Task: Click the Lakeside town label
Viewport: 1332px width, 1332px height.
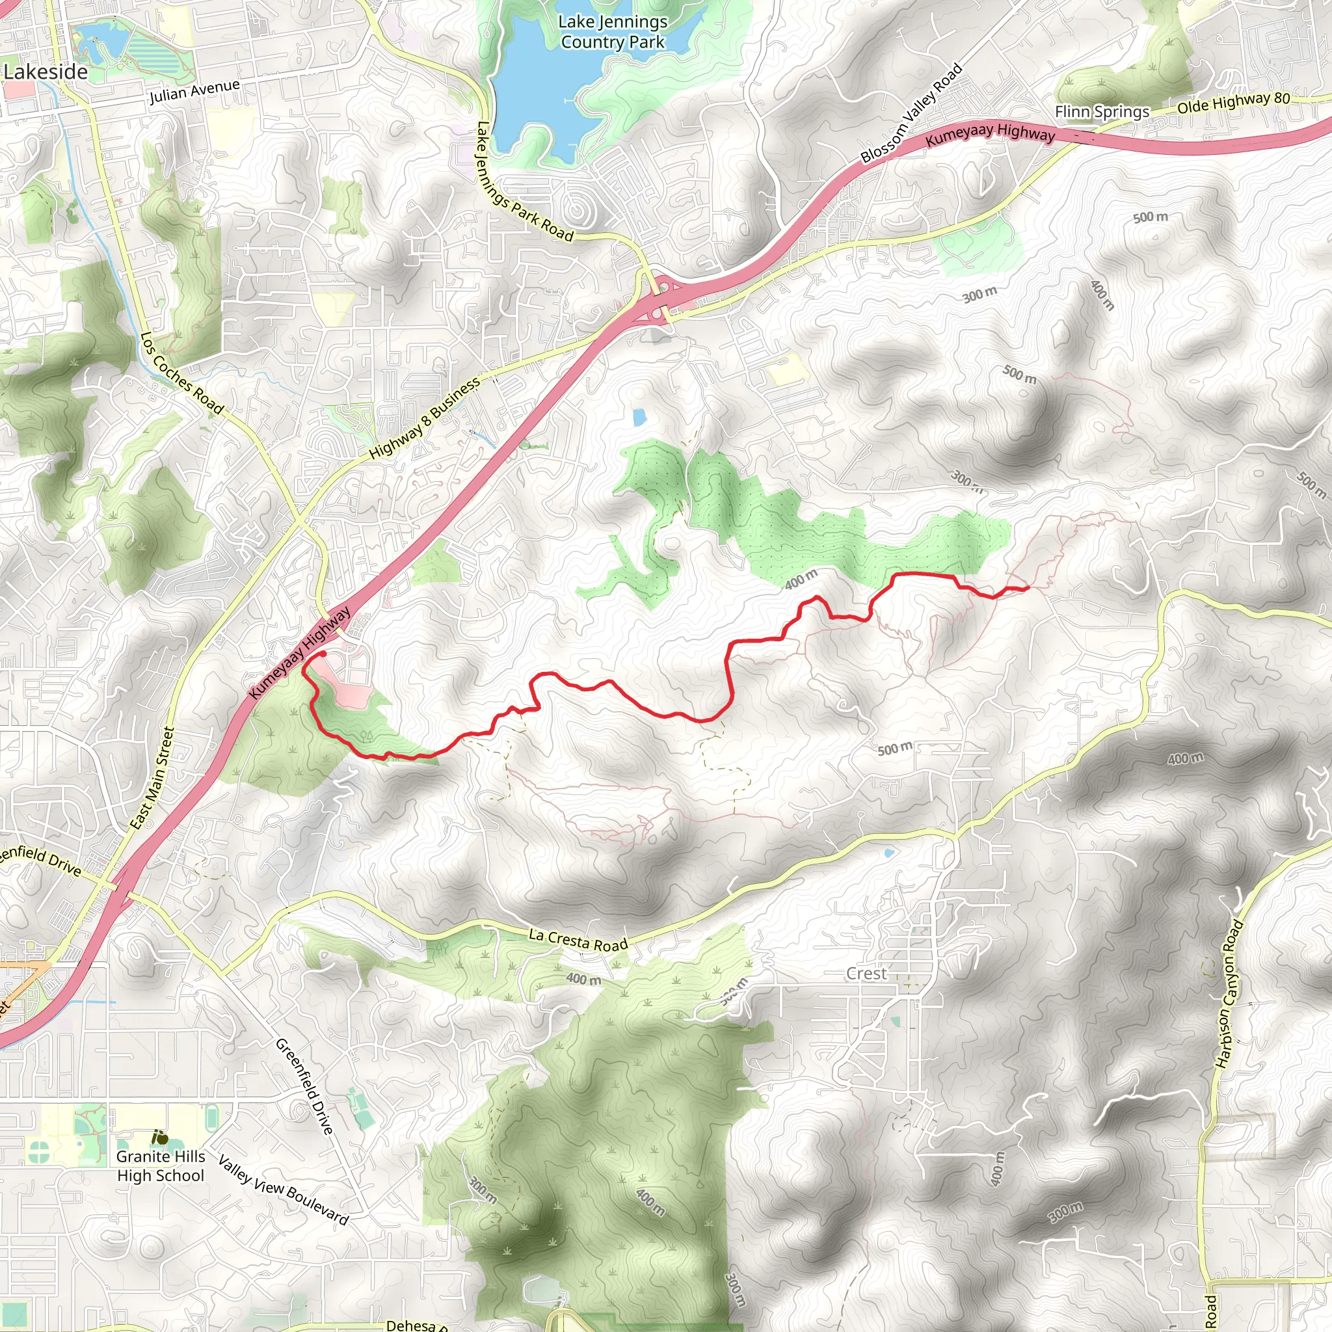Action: (46, 72)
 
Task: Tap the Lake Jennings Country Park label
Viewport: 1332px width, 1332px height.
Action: (612, 32)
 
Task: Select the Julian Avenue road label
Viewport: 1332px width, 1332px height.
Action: (195, 91)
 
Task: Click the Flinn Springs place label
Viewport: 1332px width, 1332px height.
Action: (1102, 112)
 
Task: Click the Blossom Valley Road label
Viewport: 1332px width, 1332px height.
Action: (911, 114)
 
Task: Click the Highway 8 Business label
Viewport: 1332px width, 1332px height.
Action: (424, 418)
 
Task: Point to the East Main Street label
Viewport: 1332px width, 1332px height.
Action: (152, 779)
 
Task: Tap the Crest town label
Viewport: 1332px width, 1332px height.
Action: (866, 974)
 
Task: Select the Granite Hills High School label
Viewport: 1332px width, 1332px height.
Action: (161, 1166)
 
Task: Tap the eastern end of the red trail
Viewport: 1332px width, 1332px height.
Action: (1028, 588)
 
